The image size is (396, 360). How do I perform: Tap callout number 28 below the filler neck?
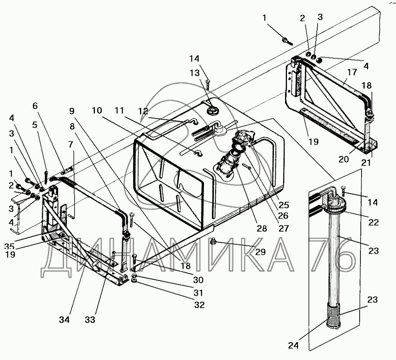pyautogui.click(x=261, y=228)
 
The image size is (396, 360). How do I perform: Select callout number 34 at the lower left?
pyautogui.click(x=65, y=319)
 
